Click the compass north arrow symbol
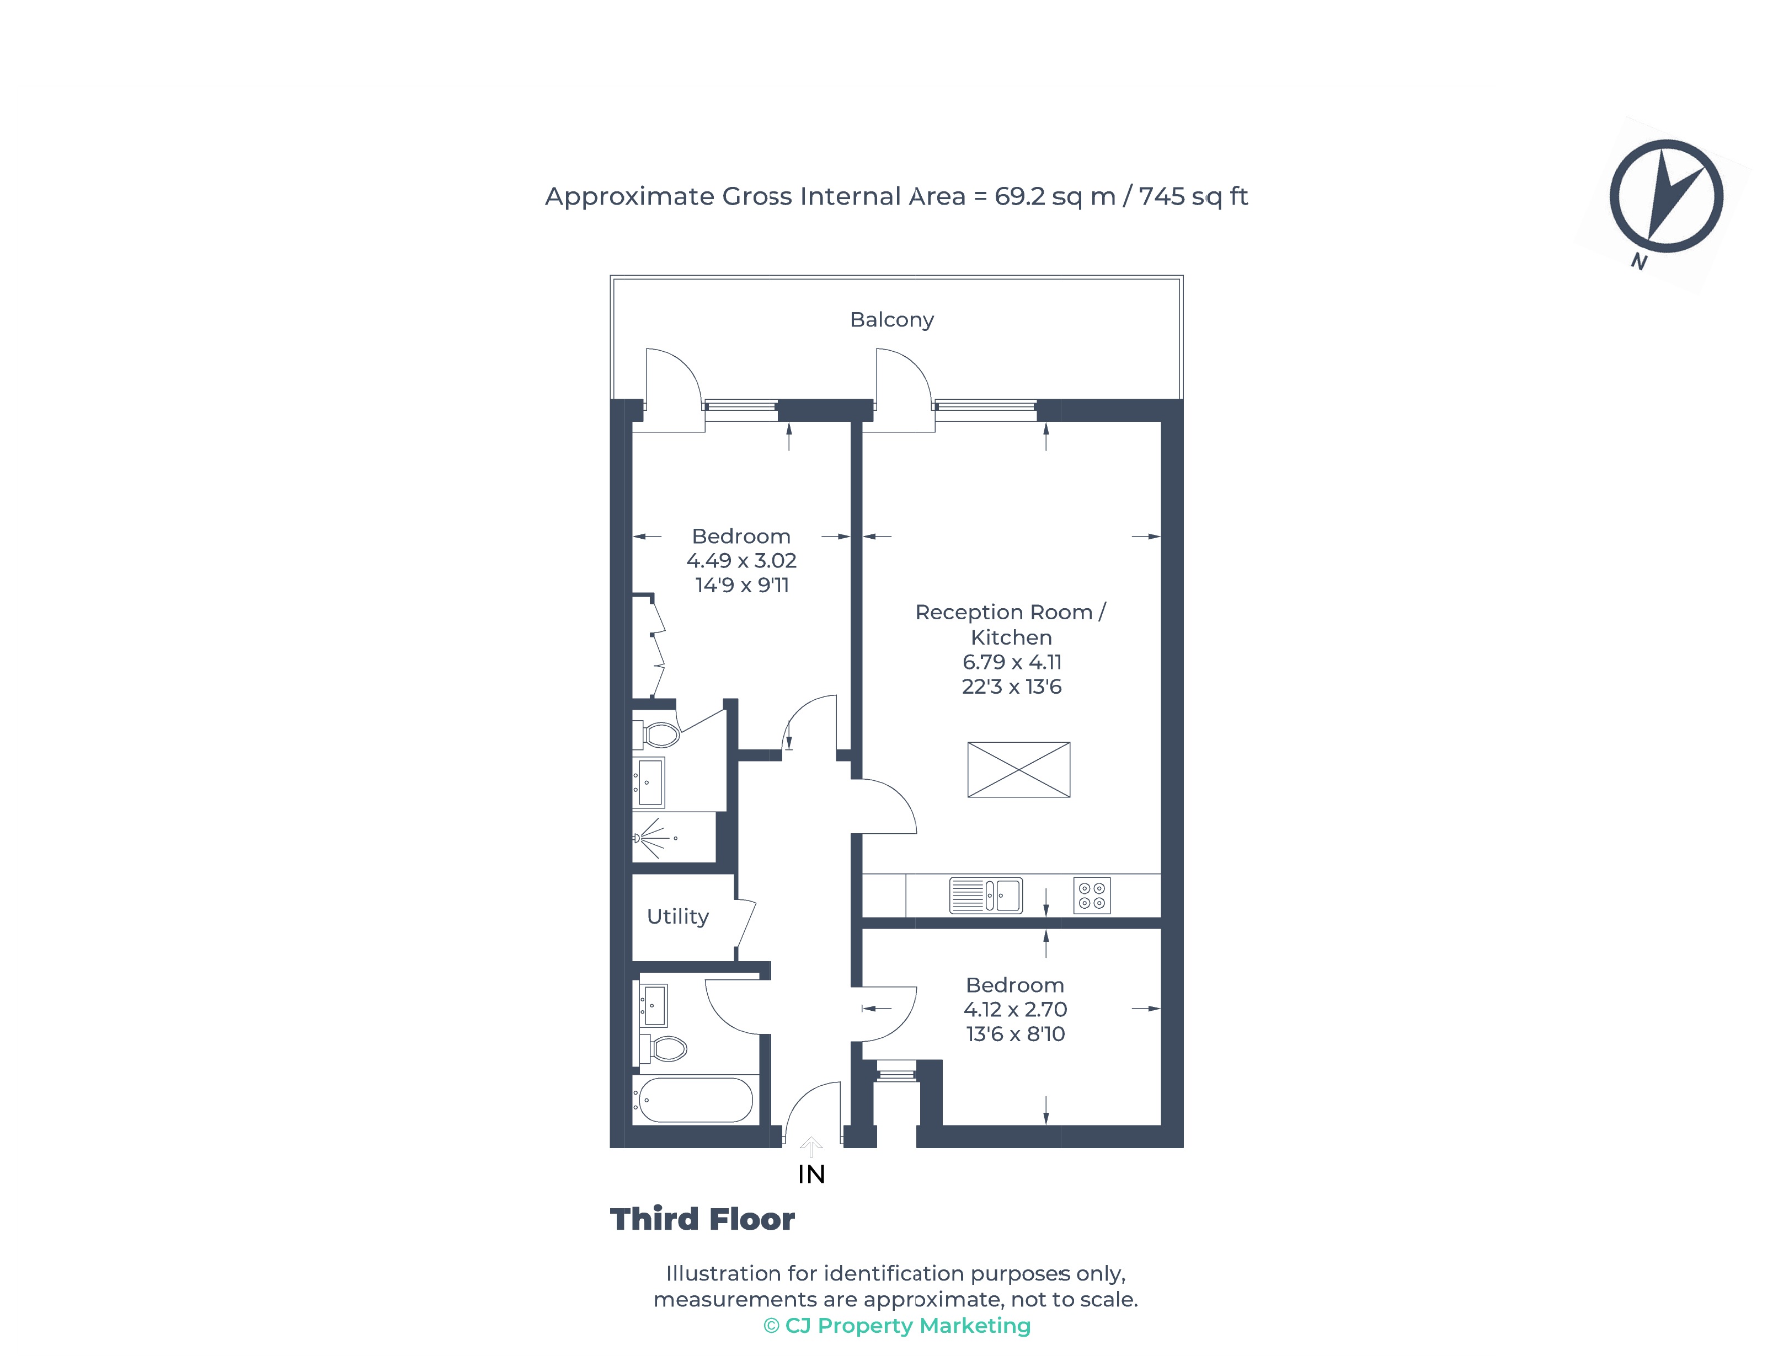coord(1665,197)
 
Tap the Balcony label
coord(891,320)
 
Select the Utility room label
coord(677,916)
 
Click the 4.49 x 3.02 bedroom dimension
coord(741,561)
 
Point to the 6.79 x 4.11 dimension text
coord(1012,662)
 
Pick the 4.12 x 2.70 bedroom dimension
coord(1015,1009)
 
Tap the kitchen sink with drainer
coord(986,895)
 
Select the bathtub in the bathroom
coord(695,1100)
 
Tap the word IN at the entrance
coord(811,1174)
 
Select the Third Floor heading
coord(702,1219)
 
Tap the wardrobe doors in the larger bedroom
coord(656,647)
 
